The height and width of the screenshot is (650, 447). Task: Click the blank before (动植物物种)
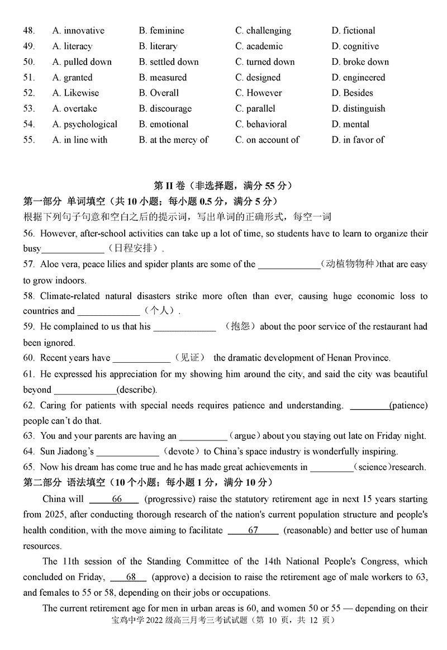click(x=288, y=264)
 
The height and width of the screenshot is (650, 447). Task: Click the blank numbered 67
click(x=253, y=530)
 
